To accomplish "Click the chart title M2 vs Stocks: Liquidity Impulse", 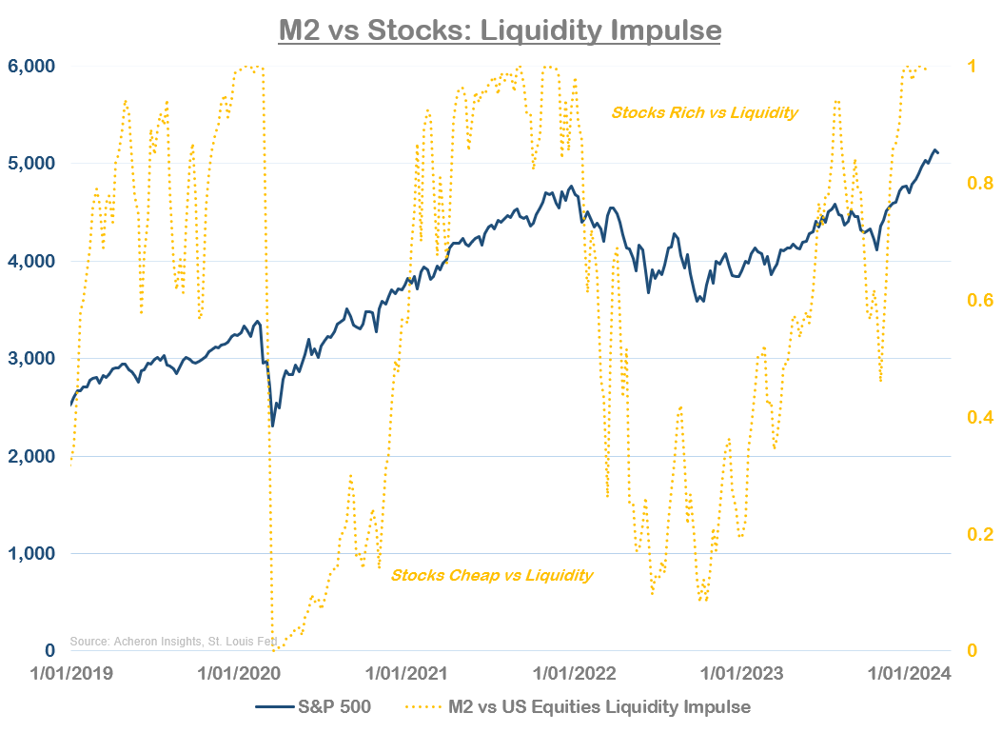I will (500, 30).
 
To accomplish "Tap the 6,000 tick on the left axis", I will (33, 67).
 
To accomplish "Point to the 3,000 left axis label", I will (33, 359).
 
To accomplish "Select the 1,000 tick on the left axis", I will (33, 554).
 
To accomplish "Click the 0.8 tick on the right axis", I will (976, 183).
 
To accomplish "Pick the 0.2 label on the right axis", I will (976, 534).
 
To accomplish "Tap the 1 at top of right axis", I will (972, 67).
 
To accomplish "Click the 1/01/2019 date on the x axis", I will (71, 674).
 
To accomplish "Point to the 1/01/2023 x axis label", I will (741, 674).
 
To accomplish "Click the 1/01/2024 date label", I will (909, 674).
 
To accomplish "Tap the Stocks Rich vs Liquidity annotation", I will (704, 112).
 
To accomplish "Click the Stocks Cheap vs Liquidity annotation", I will (491, 575).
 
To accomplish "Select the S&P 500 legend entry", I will (314, 707).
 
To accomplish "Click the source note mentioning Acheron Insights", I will (170, 642).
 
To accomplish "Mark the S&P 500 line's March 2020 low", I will (273, 426).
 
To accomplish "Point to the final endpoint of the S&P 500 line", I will (938, 152).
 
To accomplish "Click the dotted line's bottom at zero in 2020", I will (275, 650).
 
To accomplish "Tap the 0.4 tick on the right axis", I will (976, 417).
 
